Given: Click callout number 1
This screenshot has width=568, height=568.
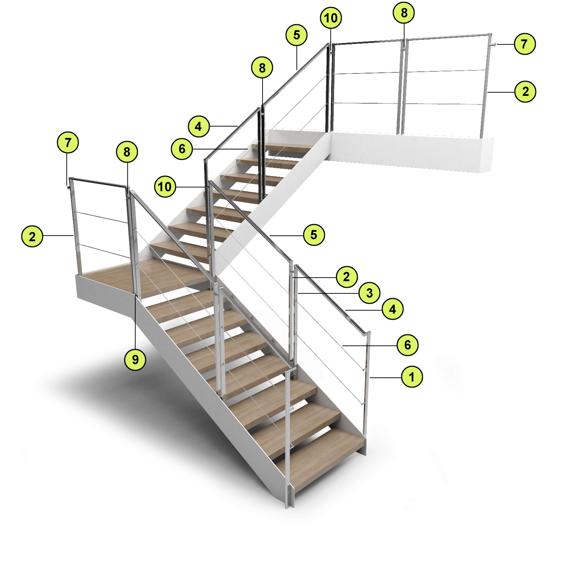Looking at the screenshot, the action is coord(412,377).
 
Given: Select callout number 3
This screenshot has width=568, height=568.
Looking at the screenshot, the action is coord(369,293).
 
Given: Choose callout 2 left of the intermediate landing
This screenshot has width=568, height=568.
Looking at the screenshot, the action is coord(32,236).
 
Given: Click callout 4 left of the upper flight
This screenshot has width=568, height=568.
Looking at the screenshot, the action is coord(198,126).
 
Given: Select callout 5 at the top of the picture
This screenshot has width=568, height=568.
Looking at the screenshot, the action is coord(296,35).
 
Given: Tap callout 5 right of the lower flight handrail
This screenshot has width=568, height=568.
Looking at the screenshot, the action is coord(314,235).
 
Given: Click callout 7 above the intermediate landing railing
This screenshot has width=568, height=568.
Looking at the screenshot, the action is coord(68,143).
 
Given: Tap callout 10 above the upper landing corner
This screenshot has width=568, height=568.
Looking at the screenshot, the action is coord(331,18).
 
